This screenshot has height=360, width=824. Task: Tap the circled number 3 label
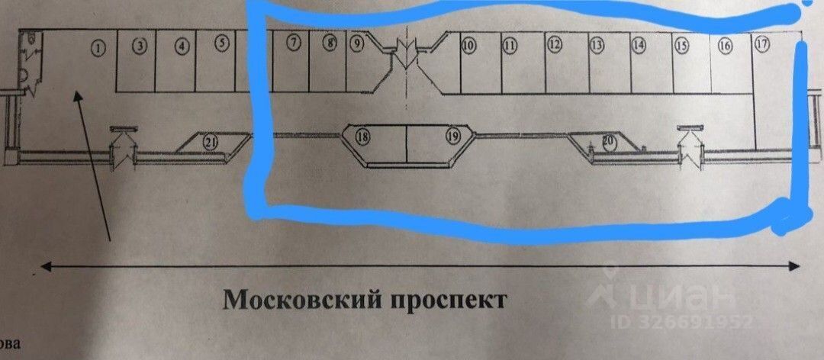click(x=139, y=46)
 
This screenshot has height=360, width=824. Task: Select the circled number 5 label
click(x=221, y=43)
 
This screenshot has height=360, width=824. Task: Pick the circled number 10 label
click(x=468, y=46)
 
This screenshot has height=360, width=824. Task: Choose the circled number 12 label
click(x=555, y=45)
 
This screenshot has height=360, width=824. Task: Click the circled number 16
click(x=725, y=46)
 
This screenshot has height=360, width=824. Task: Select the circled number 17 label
click(x=761, y=43)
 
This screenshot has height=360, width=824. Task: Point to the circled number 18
click(x=362, y=137)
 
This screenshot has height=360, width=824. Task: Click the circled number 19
click(x=453, y=137)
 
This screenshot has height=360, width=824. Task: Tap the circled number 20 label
click(x=609, y=141)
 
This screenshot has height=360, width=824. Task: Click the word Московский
click(x=293, y=298)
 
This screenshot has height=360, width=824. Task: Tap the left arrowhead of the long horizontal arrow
click(x=43, y=266)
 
